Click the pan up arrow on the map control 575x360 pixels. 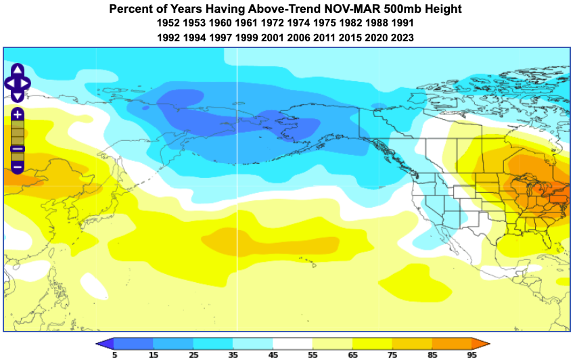pyautogui.click(x=17, y=69)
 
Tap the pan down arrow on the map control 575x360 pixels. pyautogui.click(x=17, y=97)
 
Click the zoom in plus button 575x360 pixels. pyautogui.click(x=18, y=115)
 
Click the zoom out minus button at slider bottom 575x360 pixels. pyautogui.click(x=18, y=166)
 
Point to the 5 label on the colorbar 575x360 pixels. pyautogui.click(x=114, y=354)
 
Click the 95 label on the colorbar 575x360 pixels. pyautogui.click(x=471, y=354)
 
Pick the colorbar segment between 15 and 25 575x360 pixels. pyautogui.click(x=173, y=342)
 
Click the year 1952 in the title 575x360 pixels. pyautogui.click(x=168, y=24)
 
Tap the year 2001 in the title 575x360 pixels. pyautogui.click(x=272, y=38)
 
